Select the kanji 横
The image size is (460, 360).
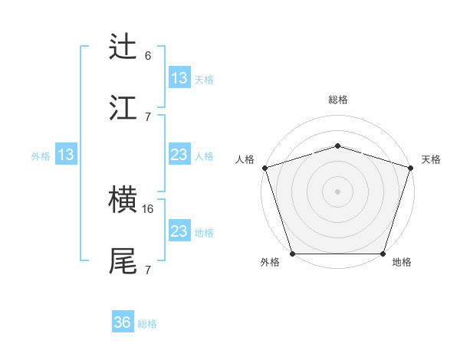point(123,201)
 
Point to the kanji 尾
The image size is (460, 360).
point(123,261)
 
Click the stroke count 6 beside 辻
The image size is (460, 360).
point(148,56)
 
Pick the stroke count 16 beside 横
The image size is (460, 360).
point(149,208)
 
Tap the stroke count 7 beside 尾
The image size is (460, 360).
point(148,270)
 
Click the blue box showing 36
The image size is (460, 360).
point(123,323)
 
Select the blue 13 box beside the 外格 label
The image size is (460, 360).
point(66,155)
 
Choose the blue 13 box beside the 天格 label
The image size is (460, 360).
point(179,78)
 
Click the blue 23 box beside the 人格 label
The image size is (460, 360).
point(179,155)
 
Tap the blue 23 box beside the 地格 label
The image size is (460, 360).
point(179,232)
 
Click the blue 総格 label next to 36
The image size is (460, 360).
point(147,324)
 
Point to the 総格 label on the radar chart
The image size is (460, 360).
point(338,100)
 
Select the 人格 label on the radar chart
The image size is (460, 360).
point(245,159)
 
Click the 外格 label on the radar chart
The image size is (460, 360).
point(270,263)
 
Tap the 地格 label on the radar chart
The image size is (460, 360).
point(402,263)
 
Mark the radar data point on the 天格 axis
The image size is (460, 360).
point(410,167)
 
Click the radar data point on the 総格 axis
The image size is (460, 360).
point(337,146)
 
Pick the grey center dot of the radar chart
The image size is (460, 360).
point(337,191)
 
